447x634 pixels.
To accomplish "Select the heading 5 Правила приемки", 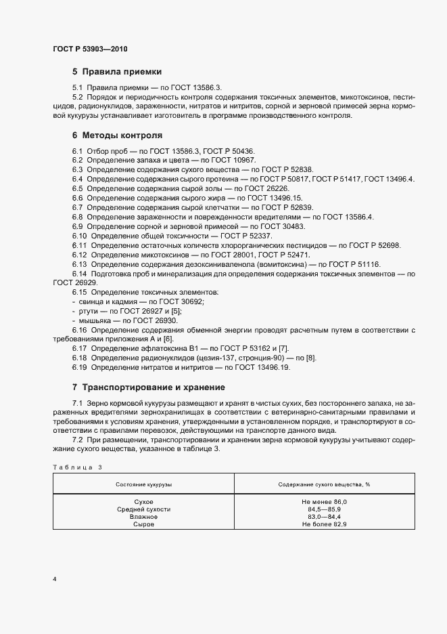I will [116, 72].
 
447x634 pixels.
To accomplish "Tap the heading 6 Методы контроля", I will [117, 135].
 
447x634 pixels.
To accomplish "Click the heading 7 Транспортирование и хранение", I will [148, 387].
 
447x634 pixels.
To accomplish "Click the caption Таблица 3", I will [77, 467].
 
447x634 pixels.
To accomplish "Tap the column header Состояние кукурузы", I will [143, 485].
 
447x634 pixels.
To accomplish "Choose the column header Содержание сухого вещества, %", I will [324, 485].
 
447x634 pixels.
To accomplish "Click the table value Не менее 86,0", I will [324, 501].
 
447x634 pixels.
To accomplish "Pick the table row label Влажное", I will [143, 516].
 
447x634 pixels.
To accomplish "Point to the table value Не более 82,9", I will [324, 524].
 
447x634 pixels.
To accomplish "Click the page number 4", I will [55, 578].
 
